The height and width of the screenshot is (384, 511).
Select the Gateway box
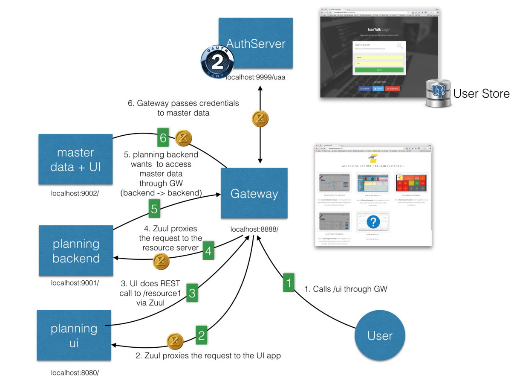pos(254,193)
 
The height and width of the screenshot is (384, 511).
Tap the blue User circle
pos(379,335)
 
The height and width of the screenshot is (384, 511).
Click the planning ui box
pos(74,335)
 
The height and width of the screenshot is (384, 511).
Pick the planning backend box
pos(76,250)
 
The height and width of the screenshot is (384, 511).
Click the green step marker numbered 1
pos(289,283)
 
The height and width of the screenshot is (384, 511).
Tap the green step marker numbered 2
pos(202,335)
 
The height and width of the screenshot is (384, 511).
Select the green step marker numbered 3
pos(192,293)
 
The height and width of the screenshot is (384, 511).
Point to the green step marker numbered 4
pos(208,251)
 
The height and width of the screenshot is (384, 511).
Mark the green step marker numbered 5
pos(154,209)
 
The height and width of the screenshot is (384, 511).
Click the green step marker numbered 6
pos(162,137)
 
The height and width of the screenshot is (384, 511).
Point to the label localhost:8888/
pos(254,229)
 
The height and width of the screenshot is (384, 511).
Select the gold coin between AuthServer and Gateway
pos(259,119)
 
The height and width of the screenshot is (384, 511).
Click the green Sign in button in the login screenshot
pos(379,70)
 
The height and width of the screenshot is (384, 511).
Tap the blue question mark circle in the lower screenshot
pos(373,221)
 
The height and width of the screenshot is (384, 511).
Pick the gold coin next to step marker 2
pos(175,341)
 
